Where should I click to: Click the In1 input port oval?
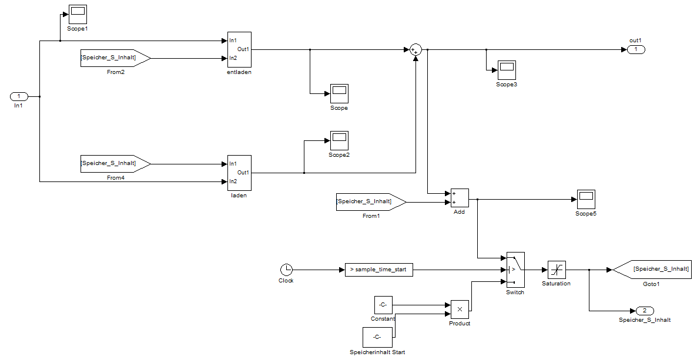19,96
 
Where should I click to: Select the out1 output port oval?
636,49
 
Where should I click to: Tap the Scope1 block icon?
78,14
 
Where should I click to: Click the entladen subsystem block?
239,49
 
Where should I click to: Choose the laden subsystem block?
239,173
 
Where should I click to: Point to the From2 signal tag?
116,58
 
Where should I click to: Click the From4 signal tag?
116,163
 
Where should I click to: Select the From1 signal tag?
371,202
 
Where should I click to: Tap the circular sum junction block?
415,49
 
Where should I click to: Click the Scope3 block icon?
507,70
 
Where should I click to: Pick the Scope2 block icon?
339,140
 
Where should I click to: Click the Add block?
460,198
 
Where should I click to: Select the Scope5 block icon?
586,199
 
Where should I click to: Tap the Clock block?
287,270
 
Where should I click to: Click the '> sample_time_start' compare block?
378,270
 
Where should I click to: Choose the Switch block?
515,270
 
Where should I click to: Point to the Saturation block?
557,270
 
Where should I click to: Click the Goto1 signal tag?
652,270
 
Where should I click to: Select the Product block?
460,309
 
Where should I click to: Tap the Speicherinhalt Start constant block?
377,337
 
